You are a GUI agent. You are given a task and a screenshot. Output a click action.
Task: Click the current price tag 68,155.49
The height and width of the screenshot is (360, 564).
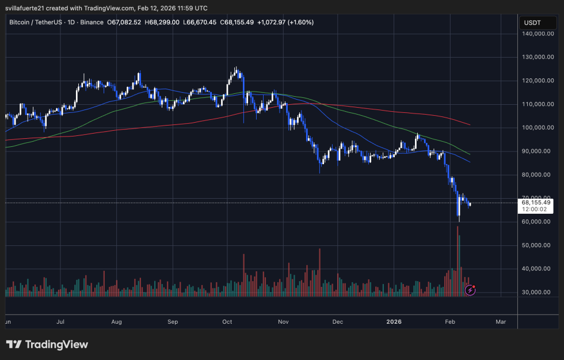pyautogui.click(x=536, y=202)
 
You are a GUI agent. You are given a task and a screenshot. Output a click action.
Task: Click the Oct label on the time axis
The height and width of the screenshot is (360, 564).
pyautogui.click(x=227, y=322)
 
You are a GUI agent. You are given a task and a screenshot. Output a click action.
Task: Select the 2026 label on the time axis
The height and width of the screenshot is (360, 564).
pyautogui.click(x=394, y=322)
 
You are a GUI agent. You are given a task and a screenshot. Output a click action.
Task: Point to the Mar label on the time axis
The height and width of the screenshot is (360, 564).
pyautogui.click(x=500, y=322)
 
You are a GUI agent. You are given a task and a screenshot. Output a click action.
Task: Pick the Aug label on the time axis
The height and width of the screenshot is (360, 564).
pyautogui.click(x=117, y=322)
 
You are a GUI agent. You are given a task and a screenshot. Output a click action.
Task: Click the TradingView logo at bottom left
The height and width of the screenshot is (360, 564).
pyautogui.click(x=47, y=344)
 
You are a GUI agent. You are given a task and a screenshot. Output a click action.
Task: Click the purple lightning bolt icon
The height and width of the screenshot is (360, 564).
pyautogui.click(x=470, y=290)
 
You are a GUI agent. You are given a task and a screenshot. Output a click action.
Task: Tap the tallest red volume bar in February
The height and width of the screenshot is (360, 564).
pyautogui.click(x=458, y=259)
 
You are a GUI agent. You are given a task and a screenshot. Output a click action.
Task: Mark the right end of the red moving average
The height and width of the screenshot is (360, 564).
pyautogui.click(x=470, y=124)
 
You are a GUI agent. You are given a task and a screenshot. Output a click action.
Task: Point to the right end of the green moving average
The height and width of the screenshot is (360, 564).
pyautogui.click(x=470, y=154)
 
